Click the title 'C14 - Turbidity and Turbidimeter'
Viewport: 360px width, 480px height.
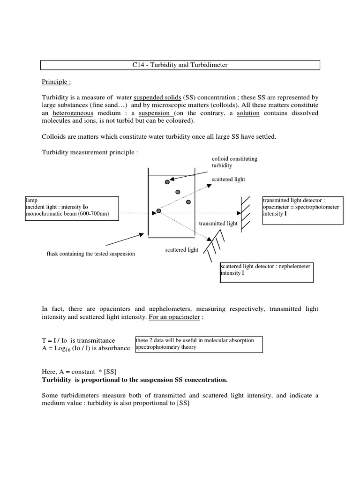pos(180,65)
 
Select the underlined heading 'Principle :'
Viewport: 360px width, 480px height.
pos(56,82)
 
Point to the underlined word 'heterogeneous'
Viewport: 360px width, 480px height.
pos(73,113)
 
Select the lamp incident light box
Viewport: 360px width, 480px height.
pos(71,207)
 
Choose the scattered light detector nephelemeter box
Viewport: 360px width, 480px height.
pos(266,272)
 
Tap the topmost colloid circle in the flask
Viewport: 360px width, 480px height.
pos(167,181)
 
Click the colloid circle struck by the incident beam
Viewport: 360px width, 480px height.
pos(159,211)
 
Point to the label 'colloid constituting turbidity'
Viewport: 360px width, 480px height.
pos(234,162)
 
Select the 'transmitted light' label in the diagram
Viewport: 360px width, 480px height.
pos(218,224)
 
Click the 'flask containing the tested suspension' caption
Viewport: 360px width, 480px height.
pos(90,254)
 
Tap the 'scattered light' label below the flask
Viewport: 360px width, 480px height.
pos(181,250)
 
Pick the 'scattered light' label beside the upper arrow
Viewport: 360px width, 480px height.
pos(228,179)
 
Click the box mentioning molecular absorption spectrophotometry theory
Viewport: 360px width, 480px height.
pos(198,344)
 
